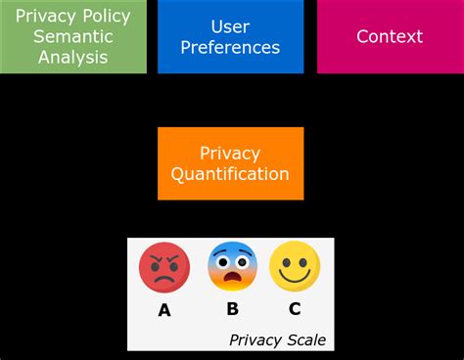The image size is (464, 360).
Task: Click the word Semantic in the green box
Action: click(73, 36)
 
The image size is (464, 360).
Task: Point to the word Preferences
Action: click(231, 47)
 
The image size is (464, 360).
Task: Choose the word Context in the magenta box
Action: click(390, 36)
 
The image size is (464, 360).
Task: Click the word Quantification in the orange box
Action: click(230, 174)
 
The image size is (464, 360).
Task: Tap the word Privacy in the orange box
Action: click(230, 154)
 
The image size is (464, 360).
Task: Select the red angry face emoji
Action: click(164, 268)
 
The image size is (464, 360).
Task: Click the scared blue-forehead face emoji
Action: click(232, 266)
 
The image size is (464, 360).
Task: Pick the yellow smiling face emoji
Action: click(295, 266)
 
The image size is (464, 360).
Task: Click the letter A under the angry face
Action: click(164, 311)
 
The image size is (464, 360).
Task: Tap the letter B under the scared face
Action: click(232, 310)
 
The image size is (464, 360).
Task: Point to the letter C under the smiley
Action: click(295, 310)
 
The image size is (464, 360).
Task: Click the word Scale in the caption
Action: click(304, 340)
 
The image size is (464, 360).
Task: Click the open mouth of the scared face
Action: click(232, 281)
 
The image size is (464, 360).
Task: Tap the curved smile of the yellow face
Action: click(295, 277)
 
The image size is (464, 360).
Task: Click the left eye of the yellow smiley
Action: click(285, 259)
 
